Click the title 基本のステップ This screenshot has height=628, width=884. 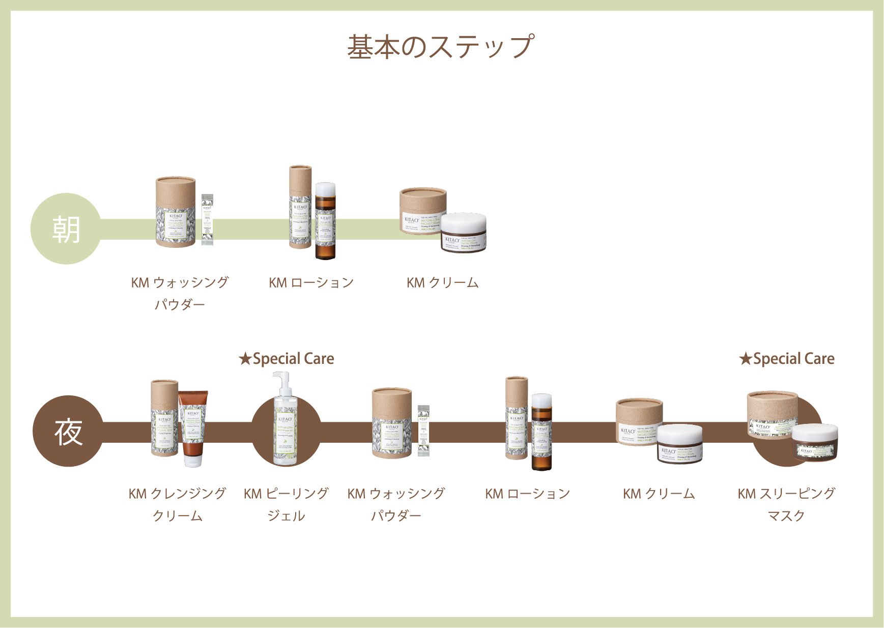click(x=441, y=47)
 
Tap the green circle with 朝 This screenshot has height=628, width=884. click(x=66, y=229)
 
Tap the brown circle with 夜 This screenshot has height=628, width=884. click(x=68, y=432)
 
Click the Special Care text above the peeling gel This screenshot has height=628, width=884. click(x=287, y=359)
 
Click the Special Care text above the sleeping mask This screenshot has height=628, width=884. click(x=787, y=359)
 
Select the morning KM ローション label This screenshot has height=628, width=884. click(x=311, y=283)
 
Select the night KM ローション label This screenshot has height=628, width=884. click(x=527, y=494)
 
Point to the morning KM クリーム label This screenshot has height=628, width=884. click(x=442, y=283)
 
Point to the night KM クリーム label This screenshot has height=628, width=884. click(x=659, y=494)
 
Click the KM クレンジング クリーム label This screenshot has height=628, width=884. click(x=178, y=504)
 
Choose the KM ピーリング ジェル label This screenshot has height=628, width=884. click(x=286, y=504)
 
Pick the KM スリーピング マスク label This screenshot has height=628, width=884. click(x=786, y=504)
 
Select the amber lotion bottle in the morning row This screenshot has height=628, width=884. click(x=325, y=222)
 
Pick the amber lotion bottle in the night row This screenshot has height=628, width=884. click(x=541, y=433)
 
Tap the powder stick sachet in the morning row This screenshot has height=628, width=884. click(x=207, y=220)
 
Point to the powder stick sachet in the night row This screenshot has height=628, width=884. click(x=423, y=431)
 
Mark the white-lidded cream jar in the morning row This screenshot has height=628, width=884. click(x=463, y=232)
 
